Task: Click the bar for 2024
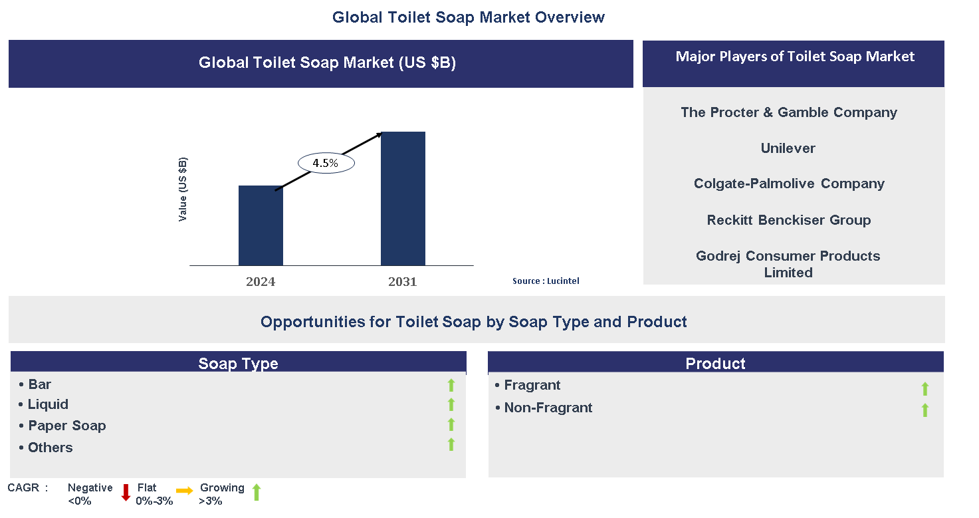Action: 261,225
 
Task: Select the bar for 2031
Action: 403,199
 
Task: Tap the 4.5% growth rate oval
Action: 326,162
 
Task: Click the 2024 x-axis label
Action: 261,281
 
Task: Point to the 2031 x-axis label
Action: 403,281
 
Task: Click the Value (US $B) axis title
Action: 183,190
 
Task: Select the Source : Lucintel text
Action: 546,281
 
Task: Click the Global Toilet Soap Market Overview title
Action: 469,17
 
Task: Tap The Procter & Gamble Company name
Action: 789,112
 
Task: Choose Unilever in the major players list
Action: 788,148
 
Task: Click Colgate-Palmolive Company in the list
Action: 789,184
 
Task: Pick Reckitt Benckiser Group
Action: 789,220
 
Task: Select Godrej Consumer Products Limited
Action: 788,264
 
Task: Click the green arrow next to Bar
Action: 451,385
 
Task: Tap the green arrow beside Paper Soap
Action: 451,425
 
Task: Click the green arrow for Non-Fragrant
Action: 925,410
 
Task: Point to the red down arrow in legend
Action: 126,493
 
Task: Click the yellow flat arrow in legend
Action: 185,491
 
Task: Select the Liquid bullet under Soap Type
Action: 48,404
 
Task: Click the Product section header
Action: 715,363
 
